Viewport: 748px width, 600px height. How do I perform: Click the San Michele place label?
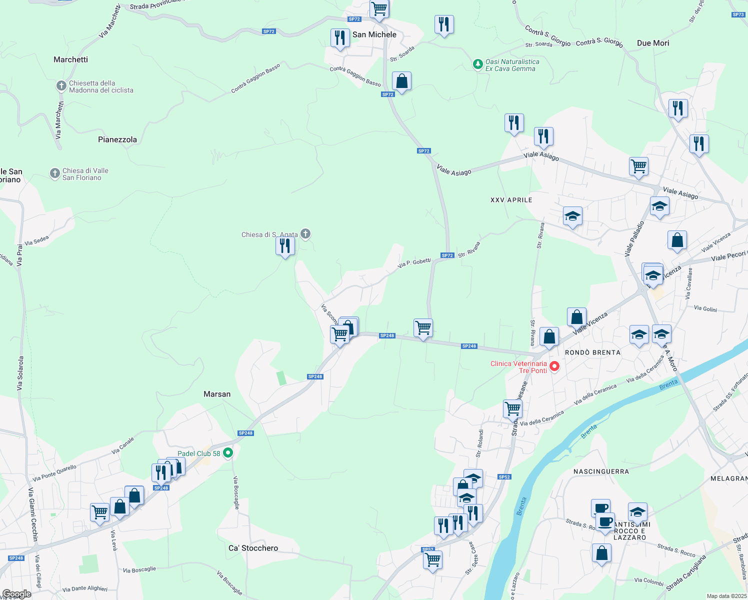coord(374,34)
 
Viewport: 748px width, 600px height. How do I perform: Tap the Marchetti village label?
coord(70,59)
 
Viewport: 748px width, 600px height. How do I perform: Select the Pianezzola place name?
coord(117,139)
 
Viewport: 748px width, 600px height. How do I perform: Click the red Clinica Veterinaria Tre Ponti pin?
coord(554,366)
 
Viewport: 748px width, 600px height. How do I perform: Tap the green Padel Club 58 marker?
coord(228,453)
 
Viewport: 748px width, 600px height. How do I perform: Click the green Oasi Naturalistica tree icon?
coord(477,64)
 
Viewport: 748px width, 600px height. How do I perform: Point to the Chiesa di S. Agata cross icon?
coord(305,233)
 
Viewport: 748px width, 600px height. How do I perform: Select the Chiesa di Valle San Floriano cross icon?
coord(55,173)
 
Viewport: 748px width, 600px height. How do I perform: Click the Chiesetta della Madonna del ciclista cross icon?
coord(61,86)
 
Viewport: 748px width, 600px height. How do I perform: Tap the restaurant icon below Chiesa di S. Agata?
coord(285,246)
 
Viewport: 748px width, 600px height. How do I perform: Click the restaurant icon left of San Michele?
coord(339,37)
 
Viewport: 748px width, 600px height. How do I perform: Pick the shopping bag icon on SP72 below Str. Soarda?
coord(401,81)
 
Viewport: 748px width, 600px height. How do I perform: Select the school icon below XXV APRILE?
coord(572,216)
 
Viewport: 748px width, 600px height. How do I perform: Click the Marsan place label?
coord(217,394)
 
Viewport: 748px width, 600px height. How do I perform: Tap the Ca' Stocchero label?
coord(253,548)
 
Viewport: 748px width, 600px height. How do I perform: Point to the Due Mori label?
coord(653,43)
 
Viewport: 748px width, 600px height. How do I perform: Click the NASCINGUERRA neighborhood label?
coord(601,471)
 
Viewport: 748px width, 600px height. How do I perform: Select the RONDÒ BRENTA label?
coord(592,352)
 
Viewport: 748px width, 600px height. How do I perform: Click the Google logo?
coord(16,594)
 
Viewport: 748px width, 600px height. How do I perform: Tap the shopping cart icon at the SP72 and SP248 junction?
coord(423,328)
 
